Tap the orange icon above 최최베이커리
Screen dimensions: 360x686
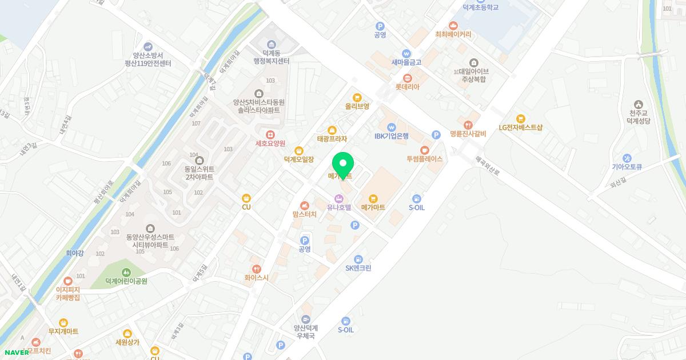click(453, 25)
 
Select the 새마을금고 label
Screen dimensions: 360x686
click(406, 62)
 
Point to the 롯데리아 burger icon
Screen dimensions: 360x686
click(408, 78)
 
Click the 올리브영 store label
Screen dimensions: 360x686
click(357, 106)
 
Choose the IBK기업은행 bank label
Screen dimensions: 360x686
click(392, 136)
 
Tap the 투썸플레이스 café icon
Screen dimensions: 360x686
click(424, 150)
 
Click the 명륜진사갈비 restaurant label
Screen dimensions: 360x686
click(468, 134)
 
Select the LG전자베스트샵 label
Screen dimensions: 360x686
click(520, 128)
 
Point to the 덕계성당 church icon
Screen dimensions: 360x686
click(638, 104)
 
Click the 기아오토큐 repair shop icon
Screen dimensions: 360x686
click(627, 158)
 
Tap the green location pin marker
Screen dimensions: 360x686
click(343, 165)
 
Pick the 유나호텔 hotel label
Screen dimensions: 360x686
click(339, 207)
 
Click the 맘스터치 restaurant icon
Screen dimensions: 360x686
click(304, 205)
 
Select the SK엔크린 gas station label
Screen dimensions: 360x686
click(358, 268)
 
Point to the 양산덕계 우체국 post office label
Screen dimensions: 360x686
click(306, 332)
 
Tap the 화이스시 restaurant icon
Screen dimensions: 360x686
click(256, 269)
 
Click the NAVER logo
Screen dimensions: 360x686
click(16, 353)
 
